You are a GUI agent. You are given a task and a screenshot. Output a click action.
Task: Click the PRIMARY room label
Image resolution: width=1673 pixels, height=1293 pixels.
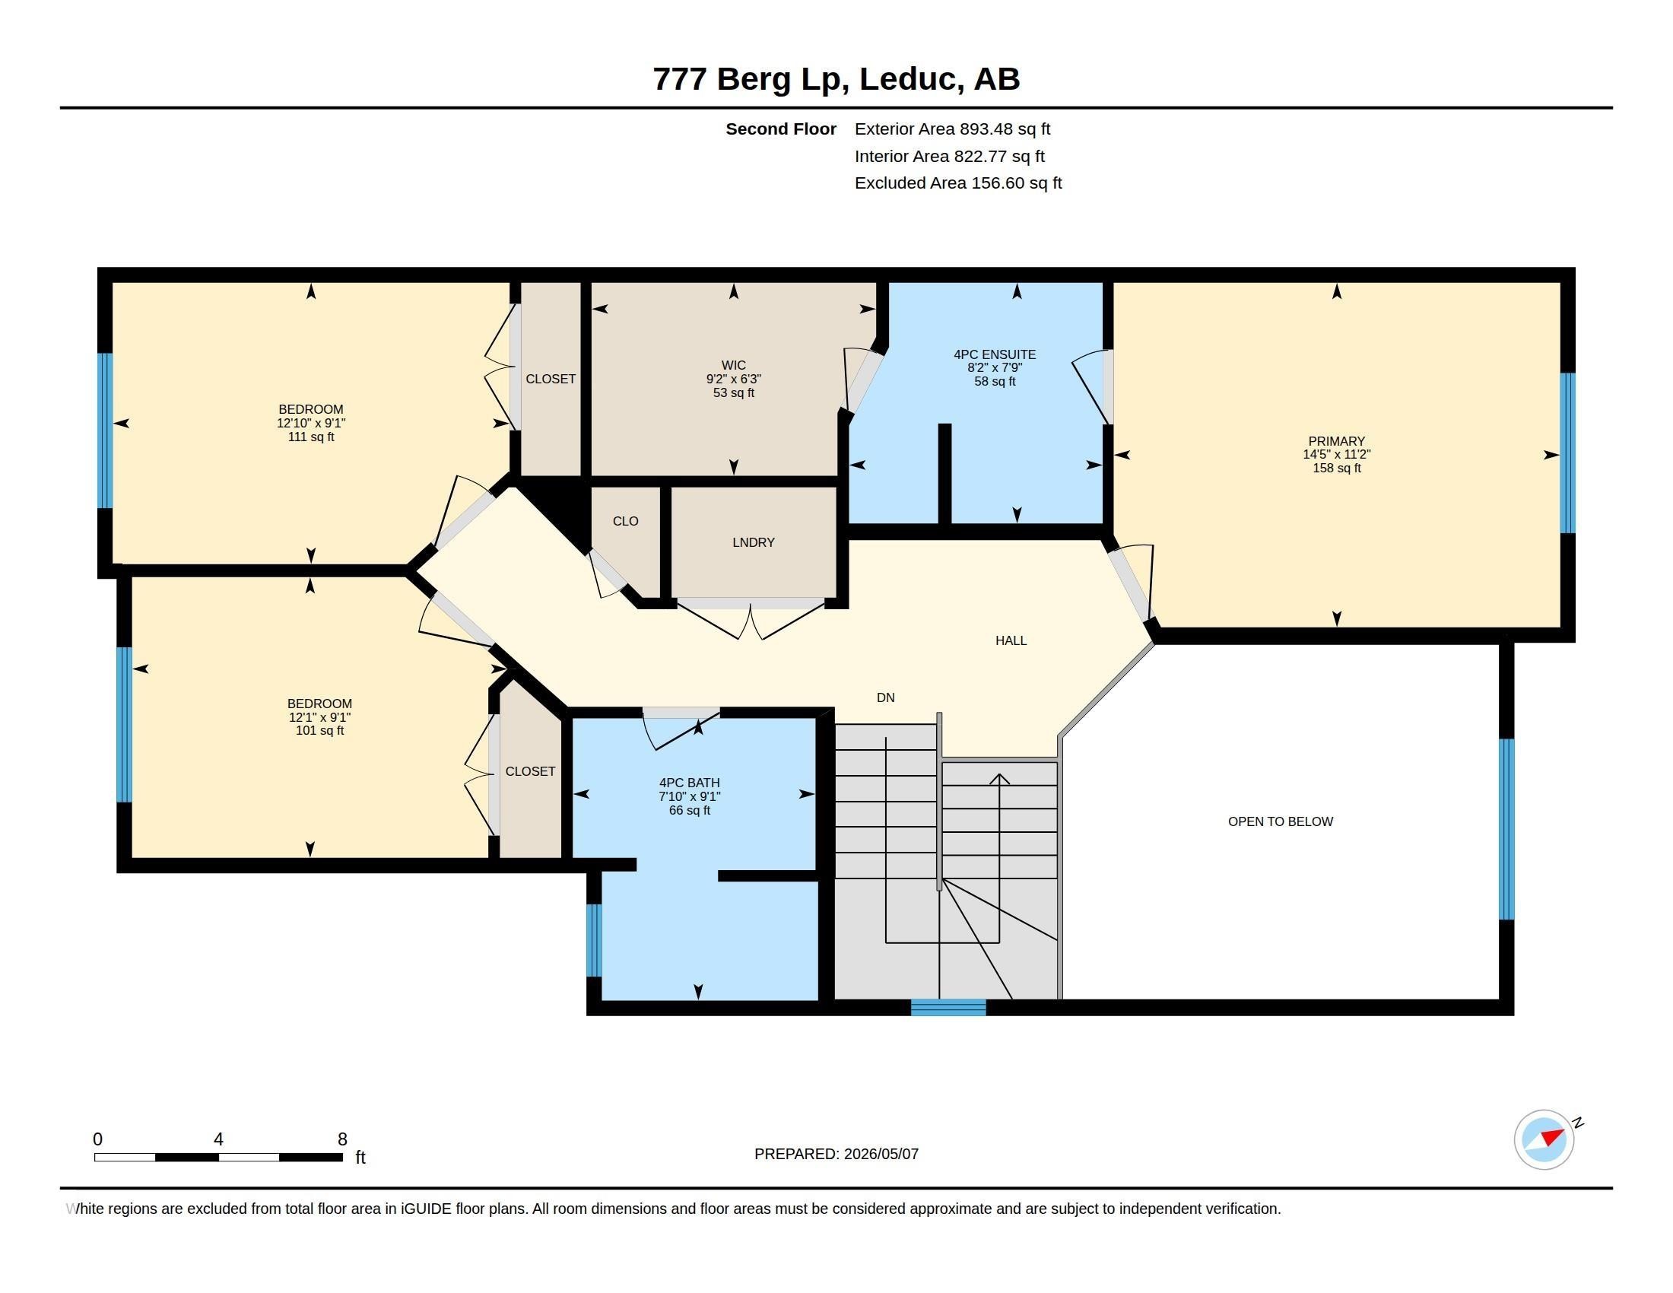pyautogui.click(x=1336, y=440)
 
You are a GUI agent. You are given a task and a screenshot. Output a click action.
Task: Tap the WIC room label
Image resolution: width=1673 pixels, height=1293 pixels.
pyautogui.click(x=733, y=365)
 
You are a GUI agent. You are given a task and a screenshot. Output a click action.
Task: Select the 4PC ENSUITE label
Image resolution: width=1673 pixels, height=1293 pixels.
pyautogui.click(x=995, y=354)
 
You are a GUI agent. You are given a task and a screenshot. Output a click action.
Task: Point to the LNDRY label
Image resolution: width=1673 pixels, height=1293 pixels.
pyautogui.click(x=753, y=542)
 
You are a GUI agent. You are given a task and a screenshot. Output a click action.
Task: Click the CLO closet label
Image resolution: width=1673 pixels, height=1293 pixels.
pyautogui.click(x=625, y=521)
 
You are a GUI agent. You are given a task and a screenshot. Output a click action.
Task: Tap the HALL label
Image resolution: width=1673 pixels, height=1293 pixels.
pyautogui.click(x=1011, y=640)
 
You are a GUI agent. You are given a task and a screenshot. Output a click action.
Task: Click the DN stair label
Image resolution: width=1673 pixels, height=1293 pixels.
pyautogui.click(x=885, y=697)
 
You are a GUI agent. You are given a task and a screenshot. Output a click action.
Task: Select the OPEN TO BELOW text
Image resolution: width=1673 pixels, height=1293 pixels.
pyautogui.click(x=1280, y=821)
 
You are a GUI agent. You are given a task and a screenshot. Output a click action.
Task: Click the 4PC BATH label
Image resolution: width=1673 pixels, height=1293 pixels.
pyautogui.click(x=690, y=783)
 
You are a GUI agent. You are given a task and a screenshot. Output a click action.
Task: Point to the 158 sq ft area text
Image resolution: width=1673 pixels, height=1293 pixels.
pyautogui.click(x=1336, y=468)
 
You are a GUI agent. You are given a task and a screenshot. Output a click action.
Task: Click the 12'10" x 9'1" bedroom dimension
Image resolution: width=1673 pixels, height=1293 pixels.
pyautogui.click(x=311, y=423)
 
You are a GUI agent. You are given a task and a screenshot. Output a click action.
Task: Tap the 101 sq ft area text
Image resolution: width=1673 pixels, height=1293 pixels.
pyautogui.click(x=319, y=731)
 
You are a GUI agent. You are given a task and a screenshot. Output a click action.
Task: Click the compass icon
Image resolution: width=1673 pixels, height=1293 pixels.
pyautogui.click(x=1544, y=1139)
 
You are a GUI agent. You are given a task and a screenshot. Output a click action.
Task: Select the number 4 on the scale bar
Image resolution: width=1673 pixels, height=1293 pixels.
pyautogui.click(x=218, y=1139)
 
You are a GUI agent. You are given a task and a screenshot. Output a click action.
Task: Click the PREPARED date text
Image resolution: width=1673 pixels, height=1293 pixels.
pyautogui.click(x=836, y=1154)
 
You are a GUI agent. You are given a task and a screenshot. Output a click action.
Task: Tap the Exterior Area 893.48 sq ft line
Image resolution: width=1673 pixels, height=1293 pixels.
pyautogui.click(x=952, y=129)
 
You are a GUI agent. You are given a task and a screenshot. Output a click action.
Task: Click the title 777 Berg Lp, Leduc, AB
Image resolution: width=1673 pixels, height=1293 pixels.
pyautogui.click(x=836, y=79)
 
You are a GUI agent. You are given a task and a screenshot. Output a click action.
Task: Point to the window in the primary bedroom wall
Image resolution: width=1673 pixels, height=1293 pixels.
pyautogui.click(x=1567, y=453)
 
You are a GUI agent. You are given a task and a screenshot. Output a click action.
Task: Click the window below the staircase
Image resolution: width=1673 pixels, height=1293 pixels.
pyautogui.click(x=948, y=1007)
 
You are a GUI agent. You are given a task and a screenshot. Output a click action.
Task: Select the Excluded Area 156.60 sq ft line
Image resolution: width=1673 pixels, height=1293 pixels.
pyautogui.click(x=957, y=183)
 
